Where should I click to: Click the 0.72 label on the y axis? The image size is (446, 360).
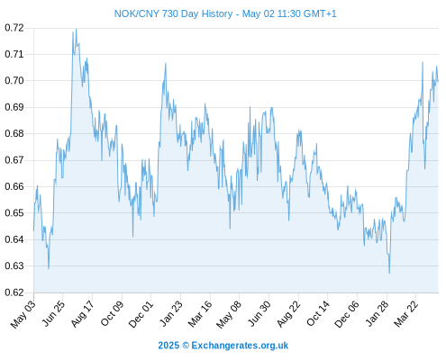pyautogui.click(x=14, y=28)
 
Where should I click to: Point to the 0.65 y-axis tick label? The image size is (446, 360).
pyautogui.click(x=14, y=213)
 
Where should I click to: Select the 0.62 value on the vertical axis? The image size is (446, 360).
pyautogui.click(x=14, y=292)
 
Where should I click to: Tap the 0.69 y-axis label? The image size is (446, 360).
pyautogui.click(x=14, y=107)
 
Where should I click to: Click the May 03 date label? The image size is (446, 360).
pyautogui.click(x=23, y=314)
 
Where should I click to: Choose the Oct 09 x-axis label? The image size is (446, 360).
pyautogui.click(x=112, y=314)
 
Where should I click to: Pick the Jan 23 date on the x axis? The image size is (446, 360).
pyautogui.click(x=170, y=314)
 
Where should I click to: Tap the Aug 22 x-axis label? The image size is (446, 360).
pyautogui.click(x=288, y=314)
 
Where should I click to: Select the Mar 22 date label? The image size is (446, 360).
pyautogui.click(x=405, y=314)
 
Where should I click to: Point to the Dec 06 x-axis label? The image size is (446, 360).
pyautogui.click(x=347, y=314)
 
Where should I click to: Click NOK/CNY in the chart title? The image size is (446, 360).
pyautogui.click(x=137, y=13)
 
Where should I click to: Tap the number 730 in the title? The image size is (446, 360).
pyautogui.click(x=170, y=13)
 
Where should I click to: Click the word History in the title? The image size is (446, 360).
pyautogui.click(x=217, y=13)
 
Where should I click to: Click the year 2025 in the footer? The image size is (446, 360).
pyautogui.click(x=168, y=346)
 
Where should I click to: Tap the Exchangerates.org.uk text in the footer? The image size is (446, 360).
pyautogui.click(x=240, y=346)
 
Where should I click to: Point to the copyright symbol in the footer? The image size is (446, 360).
pyautogui.click(x=186, y=346)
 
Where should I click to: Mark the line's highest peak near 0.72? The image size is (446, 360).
pyautogui.click(x=77, y=29)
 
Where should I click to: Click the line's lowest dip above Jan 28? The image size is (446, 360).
pyautogui.click(x=389, y=273)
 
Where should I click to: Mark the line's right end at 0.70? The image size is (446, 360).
pyautogui.click(x=438, y=81)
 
